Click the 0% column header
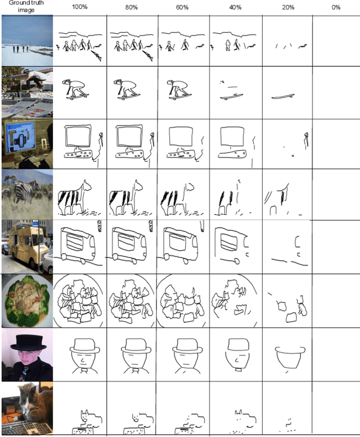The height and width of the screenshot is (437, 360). (x=336, y=7)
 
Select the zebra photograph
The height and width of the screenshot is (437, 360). (x=27, y=195)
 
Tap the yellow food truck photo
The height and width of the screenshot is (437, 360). (x=27, y=245)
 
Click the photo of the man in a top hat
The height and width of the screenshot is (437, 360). (x=27, y=355)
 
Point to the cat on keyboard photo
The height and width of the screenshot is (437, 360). (x=27, y=409)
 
